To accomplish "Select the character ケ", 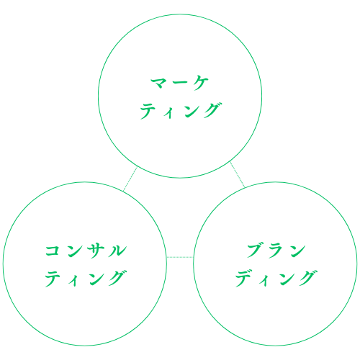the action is tap(201, 83).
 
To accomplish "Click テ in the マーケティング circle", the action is tap(148, 111).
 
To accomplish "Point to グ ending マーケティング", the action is tap(212, 110).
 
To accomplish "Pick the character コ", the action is tap(53, 251).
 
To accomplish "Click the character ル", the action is tap(117, 251).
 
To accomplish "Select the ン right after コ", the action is tap(74, 251).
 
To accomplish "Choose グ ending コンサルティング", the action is tap(117, 278).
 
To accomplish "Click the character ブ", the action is tap(255, 251).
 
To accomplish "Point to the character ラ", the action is tap(276, 251).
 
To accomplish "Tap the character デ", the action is tap(244, 279).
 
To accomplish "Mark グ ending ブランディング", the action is tap(308, 278).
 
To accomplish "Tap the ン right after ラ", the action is tap(297, 251).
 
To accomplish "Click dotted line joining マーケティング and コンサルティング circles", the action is tap(130, 179).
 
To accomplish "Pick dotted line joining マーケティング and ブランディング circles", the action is tap(238, 174).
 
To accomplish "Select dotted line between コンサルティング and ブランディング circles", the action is tap(180, 257).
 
